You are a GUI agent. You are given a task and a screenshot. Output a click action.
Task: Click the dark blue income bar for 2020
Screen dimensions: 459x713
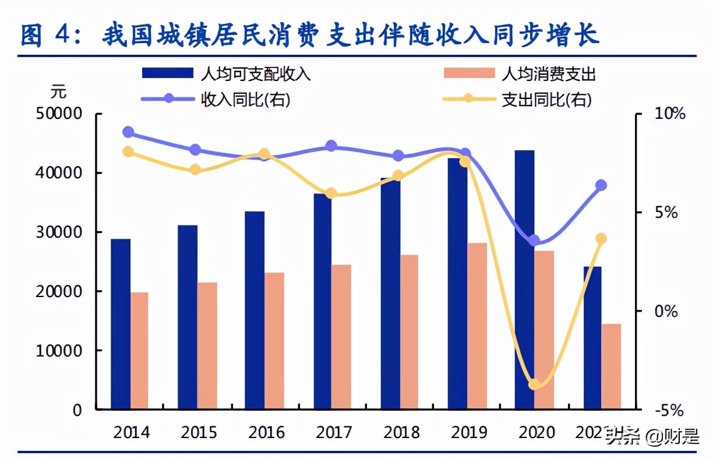[525, 280]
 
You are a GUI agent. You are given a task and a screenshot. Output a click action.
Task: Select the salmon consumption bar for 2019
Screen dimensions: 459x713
[477, 326]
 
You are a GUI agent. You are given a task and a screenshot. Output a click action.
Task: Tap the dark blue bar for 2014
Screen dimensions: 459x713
[121, 324]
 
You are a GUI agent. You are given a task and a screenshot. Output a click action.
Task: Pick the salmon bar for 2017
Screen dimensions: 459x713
[341, 337]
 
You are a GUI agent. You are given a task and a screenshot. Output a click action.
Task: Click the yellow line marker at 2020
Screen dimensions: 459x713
[534, 384]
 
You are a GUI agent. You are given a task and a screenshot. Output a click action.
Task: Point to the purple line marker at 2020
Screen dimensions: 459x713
[534, 241]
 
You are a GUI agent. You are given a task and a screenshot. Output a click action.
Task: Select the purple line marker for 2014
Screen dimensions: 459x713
[129, 132]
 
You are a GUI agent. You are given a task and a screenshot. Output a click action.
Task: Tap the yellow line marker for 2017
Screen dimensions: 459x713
[331, 193]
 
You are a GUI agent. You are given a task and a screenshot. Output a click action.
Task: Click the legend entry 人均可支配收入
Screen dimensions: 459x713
[255, 73]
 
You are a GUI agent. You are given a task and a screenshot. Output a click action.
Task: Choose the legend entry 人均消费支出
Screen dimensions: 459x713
[549, 73]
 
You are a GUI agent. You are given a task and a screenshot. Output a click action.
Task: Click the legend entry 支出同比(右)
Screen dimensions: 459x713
[546, 100]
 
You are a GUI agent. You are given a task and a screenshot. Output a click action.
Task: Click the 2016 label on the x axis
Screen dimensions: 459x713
[267, 433]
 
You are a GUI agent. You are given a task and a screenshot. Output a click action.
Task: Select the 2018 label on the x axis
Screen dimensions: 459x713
[402, 433]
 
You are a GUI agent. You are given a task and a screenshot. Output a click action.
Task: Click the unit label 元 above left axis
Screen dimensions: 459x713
[58, 91]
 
